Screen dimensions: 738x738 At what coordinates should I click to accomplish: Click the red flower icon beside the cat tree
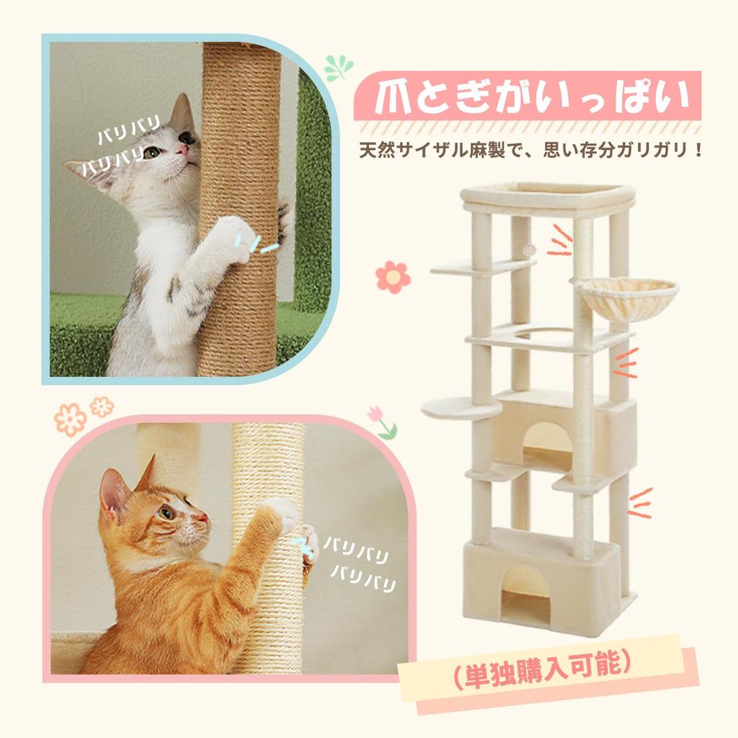[x=393, y=277]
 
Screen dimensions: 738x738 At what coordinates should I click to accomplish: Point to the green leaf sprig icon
[x=338, y=67]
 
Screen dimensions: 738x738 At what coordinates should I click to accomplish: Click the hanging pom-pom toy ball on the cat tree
[x=529, y=249]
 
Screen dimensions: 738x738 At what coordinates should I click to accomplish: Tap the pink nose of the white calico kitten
[x=184, y=149]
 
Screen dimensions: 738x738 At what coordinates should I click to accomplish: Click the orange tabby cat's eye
[x=166, y=512]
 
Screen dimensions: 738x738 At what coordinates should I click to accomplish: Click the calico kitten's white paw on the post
[x=234, y=234]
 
